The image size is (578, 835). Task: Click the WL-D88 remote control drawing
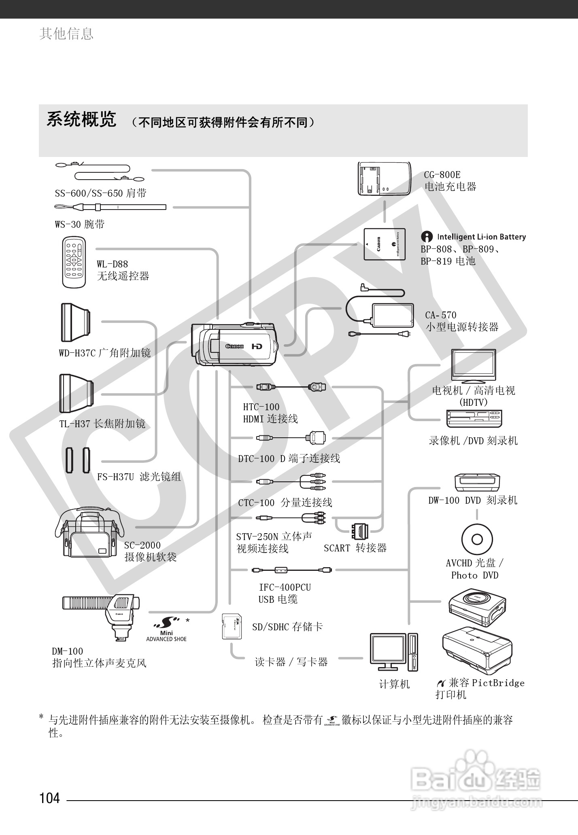coord(74,263)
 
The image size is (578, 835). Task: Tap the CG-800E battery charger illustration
coord(384,179)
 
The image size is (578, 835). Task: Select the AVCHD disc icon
coord(477,539)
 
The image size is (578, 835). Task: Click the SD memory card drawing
coord(232,626)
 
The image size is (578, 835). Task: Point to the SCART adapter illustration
coord(359,531)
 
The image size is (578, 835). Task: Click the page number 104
coord(49,798)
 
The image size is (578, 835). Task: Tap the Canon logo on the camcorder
coord(235,346)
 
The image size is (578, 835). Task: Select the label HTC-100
coord(261,407)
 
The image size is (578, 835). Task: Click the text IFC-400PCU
coord(285,587)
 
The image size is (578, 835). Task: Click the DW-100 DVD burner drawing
coord(477,482)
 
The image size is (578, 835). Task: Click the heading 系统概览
coord(81,119)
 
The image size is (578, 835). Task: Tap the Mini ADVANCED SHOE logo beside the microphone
coord(166,629)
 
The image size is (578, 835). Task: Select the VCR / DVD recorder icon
coord(474,418)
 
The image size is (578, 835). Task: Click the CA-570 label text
coord(440,315)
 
